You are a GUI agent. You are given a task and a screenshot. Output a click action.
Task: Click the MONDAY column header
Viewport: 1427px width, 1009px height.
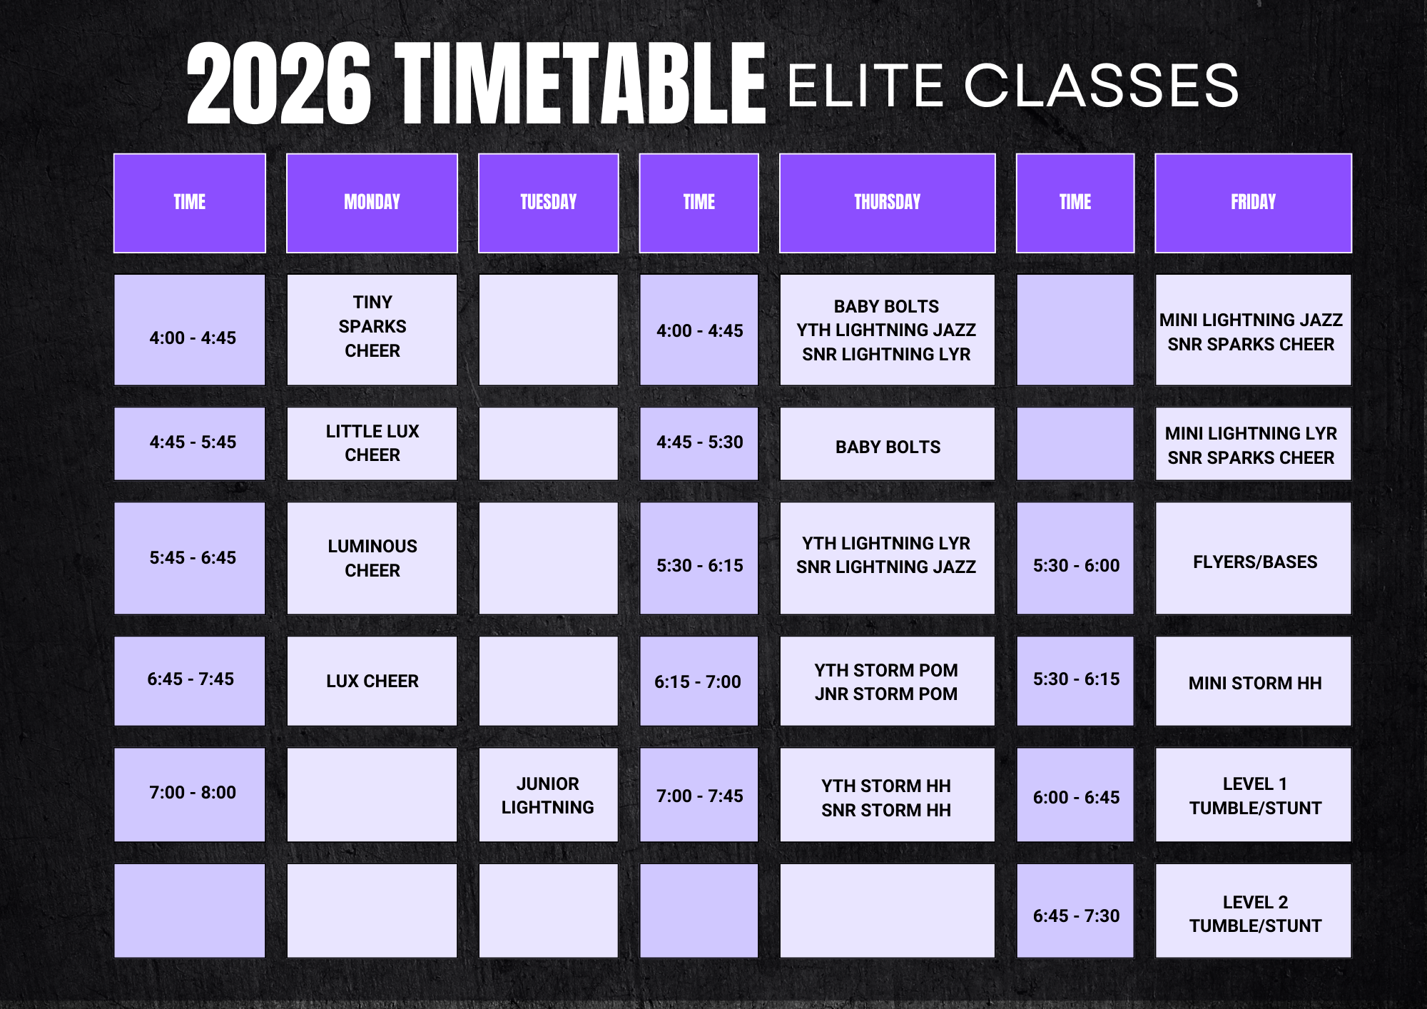pyautogui.click(x=372, y=203)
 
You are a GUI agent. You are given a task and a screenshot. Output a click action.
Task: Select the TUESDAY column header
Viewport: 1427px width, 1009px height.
pyautogui.click(x=548, y=203)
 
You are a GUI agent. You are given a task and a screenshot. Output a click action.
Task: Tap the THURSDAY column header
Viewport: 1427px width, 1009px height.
pyautogui.click(x=887, y=203)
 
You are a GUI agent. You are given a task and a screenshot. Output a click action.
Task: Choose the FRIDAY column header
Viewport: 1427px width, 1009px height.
pyautogui.click(x=1253, y=203)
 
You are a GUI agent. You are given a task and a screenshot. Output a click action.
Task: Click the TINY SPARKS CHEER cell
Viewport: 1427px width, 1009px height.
pyautogui.click(x=372, y=330)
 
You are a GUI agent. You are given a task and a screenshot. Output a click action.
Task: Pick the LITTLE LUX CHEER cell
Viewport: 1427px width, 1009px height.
pyautogui.click(x=372, y=443)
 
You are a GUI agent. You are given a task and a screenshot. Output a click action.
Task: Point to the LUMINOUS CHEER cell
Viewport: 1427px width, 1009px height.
pyautogui.click(x=372, y=558)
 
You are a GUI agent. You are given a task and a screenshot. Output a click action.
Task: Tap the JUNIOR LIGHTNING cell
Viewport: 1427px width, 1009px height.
pyautogui.click(x=548, y=795)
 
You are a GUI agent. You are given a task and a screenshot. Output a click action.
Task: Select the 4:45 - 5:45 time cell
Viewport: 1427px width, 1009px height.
pyautogui.click(x=190, y=443)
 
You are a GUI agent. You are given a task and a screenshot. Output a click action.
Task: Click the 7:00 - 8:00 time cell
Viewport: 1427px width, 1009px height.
pyautogui.click(x=190, y=795)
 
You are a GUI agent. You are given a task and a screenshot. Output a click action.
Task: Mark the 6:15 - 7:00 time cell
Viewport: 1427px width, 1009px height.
pyautogui.click(x=699, y=681)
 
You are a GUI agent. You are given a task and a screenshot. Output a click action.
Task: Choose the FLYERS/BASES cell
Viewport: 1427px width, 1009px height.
pyautogui.click(x=1253, y=558)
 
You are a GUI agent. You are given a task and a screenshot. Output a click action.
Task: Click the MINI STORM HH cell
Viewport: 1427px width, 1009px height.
pyautogui.click(x=1253, y=681)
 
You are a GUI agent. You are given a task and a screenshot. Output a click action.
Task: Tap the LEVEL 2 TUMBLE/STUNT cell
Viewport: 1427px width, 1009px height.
pyautogui.click(x=1253, y=911)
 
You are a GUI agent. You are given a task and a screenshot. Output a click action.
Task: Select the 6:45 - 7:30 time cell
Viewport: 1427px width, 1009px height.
pyautogui.click(x=1075, y=911)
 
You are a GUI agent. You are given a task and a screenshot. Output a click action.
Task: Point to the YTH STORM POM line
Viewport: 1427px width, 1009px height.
pyautogui.click(x=886, y=670)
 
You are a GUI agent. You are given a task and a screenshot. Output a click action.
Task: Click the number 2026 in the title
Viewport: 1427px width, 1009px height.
pyautogui.click(x=279, y=84)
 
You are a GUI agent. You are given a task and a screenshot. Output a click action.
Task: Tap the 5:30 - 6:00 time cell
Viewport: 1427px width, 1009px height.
pyautogui.click(x=1075, y=558)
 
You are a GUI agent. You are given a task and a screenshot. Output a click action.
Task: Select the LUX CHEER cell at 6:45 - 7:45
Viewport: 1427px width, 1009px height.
pyautogui.click(x=372, y=681)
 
